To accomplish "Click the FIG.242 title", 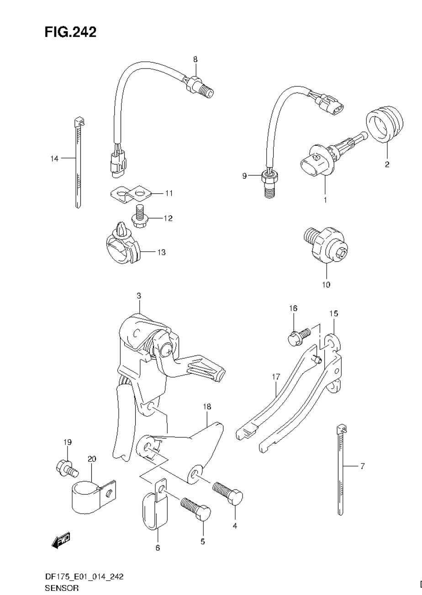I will (x=70, y=32).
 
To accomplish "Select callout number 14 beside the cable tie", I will (x=54, y=159).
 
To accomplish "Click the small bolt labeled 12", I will (x=139, y=215).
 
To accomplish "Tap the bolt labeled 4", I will (x=228, y=493).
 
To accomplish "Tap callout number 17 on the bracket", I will (x=275, y=377).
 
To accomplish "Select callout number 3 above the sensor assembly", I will (x=138, y=296).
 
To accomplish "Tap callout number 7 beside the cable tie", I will (x=362, y=466).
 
